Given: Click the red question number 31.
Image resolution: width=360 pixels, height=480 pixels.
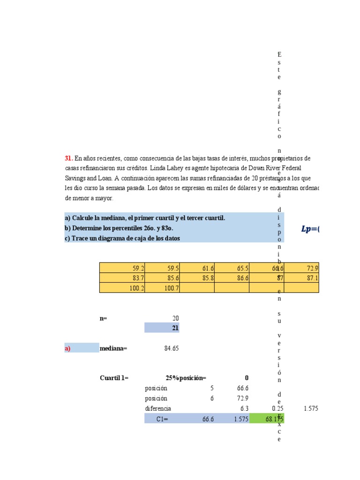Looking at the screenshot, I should tap(68, 158).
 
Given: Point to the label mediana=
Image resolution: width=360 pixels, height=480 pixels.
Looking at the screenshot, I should tap(113, 348).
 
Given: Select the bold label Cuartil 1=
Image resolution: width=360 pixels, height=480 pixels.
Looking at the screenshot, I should tap(114, 378).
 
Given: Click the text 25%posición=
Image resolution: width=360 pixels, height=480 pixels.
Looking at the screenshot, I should tap(186, 378).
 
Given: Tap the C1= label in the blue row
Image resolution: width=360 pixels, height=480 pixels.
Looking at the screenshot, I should tap(162, 419).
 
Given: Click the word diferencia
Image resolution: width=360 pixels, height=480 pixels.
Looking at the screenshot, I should tap(158, 409).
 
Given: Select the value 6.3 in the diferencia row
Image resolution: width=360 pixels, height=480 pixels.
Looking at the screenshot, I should tap(243, 409).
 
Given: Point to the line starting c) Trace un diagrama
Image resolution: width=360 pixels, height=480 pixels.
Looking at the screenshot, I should tap(122, 238).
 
